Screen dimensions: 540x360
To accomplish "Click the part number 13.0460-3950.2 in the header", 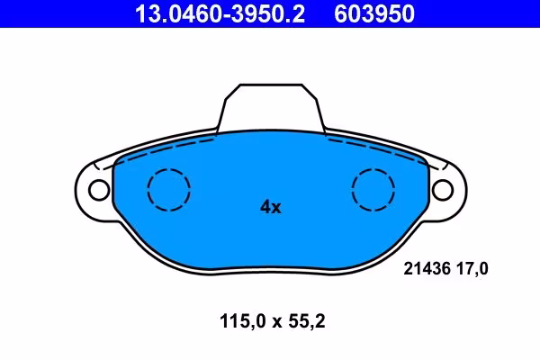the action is pyautogui.click(x=220, y=13).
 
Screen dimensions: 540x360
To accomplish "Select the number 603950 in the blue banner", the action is pyautogui.click(x=374, y=13).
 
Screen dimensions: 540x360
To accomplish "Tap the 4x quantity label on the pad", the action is pyautogui.click(x=271, y=207).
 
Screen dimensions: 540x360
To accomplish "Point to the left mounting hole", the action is pyautogui.click(x=99, y=190).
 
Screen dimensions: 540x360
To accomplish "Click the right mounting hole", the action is pyautogui.click(x=443, y=190).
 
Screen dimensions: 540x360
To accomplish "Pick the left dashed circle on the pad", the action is pyautogui.click(x=169, y=169).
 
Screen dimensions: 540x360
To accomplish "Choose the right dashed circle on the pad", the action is pyautogui.click(x=373, y=169).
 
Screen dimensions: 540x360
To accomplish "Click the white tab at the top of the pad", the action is pyautogui.click(x=271, y=107).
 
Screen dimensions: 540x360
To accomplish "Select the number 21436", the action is pyautogui.click(x=427, y=269).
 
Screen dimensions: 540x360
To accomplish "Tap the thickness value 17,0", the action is pyautogui.click(x=472, y=269).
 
